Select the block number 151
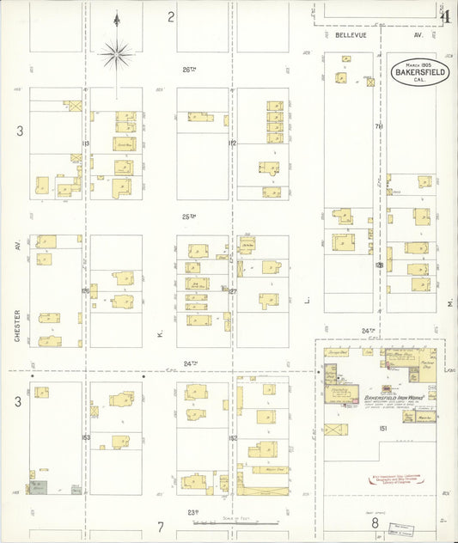coord(382,427)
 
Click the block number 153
coord(86,437)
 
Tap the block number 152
coord(232,437)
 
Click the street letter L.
coord(306,301)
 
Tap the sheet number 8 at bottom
coord(375,522)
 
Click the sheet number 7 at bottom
coord(160,525)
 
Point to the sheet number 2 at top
coord(171,16)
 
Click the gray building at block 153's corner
coord(76,490)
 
